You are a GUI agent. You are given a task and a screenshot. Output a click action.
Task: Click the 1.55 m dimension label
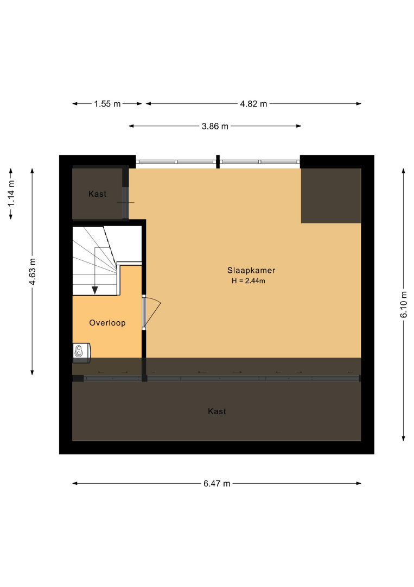point(107,104)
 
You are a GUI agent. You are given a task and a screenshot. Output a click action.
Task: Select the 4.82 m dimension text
point(253,104)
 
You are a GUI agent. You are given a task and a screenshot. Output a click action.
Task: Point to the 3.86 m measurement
point(215,127)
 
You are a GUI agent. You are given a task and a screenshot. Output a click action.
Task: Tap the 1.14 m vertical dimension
point(11,193)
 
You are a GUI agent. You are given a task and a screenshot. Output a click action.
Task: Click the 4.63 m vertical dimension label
point(33,271)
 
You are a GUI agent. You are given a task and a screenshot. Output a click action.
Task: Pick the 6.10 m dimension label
point(404,304)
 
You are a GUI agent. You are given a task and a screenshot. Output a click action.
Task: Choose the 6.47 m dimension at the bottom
point(216,484)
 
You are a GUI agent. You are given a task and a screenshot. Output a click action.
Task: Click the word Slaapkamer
point(251,270)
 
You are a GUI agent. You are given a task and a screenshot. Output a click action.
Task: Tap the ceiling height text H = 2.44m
point(249,281)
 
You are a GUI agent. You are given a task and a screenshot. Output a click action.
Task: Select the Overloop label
point(107,323)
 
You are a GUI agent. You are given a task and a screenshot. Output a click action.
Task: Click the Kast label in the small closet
point(97,194)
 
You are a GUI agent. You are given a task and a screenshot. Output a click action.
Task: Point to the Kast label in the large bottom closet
point(216,411)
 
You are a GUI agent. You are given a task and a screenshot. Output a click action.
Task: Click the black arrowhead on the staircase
point(95,290)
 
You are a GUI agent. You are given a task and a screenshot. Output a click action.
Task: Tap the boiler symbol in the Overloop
point(81,353)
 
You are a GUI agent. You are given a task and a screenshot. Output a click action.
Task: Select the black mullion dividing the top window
point(218,162)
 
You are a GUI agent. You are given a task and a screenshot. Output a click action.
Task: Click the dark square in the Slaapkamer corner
point(331,196)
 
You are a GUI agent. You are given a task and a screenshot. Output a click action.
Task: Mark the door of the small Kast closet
point(126,203)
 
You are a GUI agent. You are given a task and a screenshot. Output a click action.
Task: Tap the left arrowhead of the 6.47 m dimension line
point(75,483)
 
